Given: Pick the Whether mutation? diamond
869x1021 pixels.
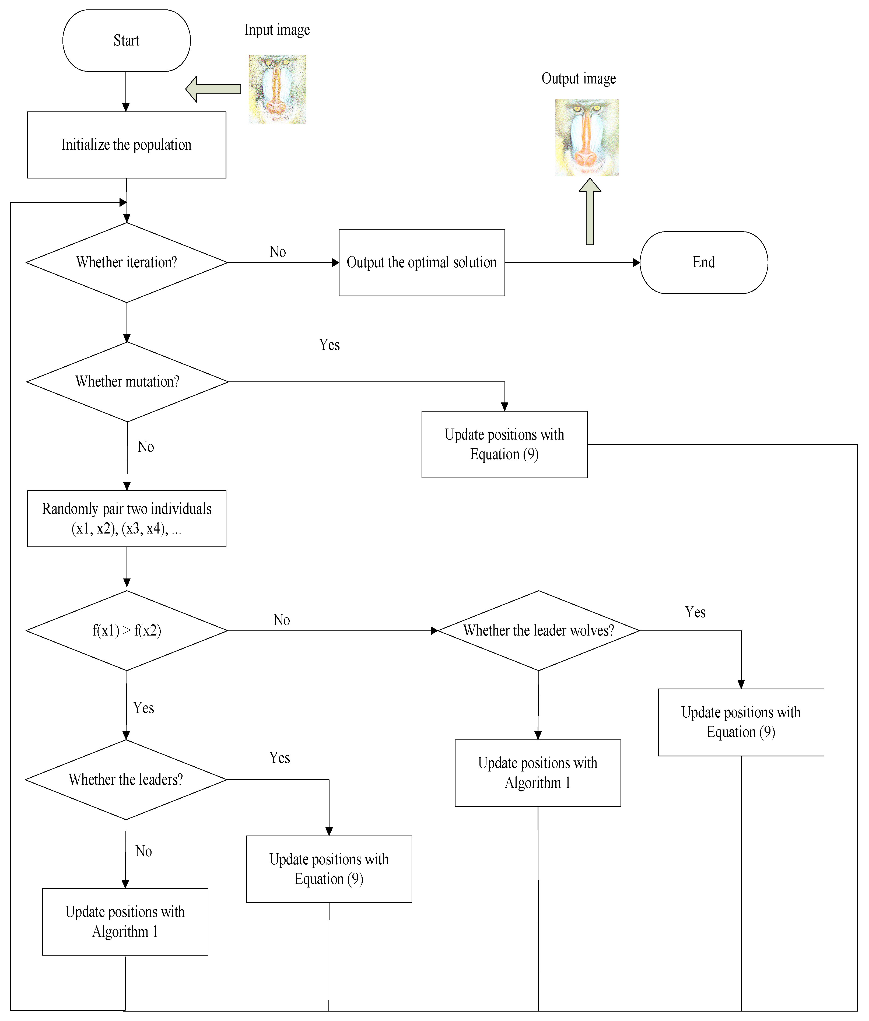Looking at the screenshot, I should click(x=127, y=382).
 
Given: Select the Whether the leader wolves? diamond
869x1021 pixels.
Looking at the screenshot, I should click(x=538, y=630).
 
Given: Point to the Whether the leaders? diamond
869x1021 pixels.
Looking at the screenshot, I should click(x=126, y=780).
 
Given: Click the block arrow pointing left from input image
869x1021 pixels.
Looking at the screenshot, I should click(x=213, y=89).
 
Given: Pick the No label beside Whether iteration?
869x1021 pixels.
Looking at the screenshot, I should click(x=277, y=252).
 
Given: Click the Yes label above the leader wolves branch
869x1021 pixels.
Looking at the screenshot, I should click(x=695, y=612).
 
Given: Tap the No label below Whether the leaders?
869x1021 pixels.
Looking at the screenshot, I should click(x=143, y=851).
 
